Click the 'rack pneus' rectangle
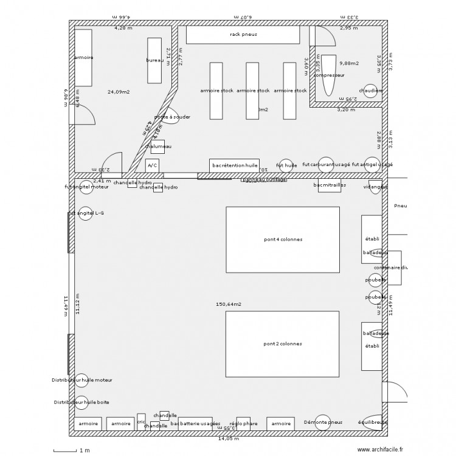(243, 35)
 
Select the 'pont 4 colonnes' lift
(283, 239)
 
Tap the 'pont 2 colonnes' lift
(283, 344)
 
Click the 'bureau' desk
(155, 61)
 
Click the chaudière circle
(370, 91)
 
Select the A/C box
(152, 165)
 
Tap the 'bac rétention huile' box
(235, 165)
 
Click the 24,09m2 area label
(119, 92)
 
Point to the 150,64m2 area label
(229, 304)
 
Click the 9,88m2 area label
(349, 63)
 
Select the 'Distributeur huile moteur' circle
(81, 380)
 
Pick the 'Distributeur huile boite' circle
(81, 402)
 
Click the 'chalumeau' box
(158, 147)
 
